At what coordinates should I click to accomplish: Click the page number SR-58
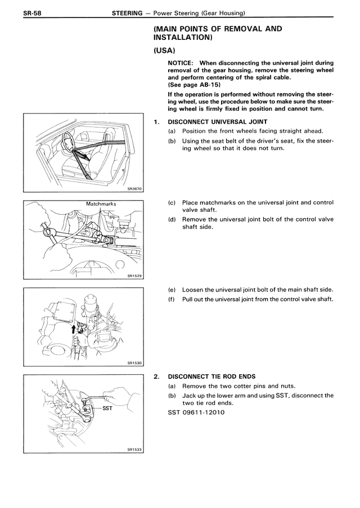point(18,13)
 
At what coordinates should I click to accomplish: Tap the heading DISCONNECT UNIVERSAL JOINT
point(217,122)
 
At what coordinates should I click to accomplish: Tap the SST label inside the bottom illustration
point(107,409)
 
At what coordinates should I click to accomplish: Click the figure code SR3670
point(135,189)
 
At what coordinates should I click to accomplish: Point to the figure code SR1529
point(135,276)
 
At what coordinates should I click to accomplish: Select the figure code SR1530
point(135,362)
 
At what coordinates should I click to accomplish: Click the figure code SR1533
point(135,449)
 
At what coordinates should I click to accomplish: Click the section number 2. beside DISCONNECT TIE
point(156,376)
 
